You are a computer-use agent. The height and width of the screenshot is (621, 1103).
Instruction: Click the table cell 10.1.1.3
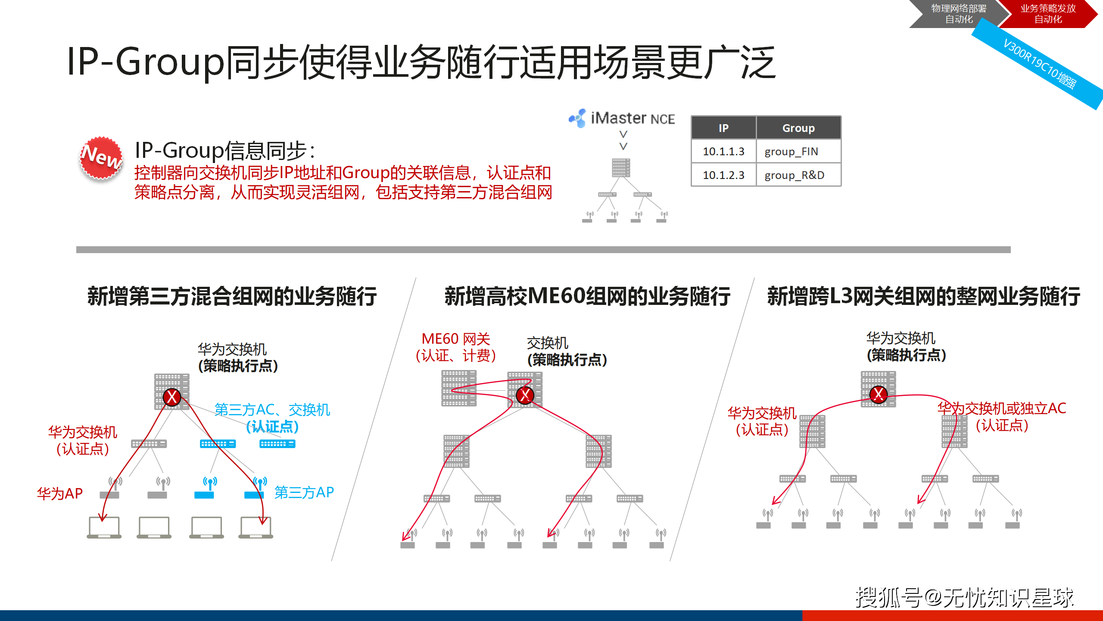723,151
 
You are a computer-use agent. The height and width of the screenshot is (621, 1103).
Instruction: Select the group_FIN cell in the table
798,151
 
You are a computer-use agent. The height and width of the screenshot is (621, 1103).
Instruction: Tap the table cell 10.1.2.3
723,175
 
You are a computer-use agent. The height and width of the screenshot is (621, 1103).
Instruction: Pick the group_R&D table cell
798,175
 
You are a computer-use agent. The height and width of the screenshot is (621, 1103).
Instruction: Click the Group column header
798,128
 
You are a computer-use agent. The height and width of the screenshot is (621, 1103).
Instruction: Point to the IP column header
723,128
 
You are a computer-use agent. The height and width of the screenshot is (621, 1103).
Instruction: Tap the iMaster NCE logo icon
577,118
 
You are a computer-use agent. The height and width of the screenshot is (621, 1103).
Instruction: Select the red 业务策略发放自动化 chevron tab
1048,14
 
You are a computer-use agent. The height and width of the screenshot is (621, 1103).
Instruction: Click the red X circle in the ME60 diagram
525,395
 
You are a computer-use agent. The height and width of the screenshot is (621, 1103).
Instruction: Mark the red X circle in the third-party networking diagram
172,397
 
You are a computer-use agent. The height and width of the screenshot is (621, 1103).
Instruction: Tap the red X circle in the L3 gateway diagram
879,394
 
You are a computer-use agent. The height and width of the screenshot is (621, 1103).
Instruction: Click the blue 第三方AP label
304,492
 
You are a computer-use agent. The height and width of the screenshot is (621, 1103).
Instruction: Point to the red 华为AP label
60,493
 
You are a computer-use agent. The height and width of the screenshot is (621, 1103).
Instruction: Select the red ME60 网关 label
456,339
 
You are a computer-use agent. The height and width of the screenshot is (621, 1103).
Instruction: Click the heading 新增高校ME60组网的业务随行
587,296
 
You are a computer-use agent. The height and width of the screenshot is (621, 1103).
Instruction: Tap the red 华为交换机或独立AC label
1002,408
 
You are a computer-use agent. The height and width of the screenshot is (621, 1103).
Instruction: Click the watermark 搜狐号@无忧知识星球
965,598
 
